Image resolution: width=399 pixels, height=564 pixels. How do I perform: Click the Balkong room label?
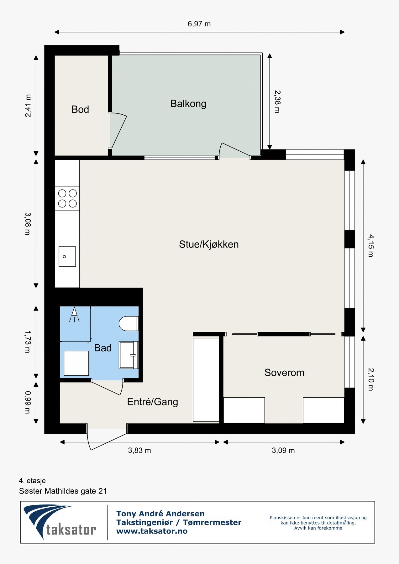click(188, 104)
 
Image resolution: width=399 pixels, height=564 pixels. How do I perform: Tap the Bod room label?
click(80, 109)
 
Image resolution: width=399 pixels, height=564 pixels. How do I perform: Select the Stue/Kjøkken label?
click(209, 244)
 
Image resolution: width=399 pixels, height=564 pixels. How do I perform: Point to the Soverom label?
click(284, 373)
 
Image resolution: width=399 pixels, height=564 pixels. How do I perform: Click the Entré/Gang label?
click(153, 402)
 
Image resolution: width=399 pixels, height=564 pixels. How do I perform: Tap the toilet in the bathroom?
click(129, 324)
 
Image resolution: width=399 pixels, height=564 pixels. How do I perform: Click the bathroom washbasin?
click(129, 355)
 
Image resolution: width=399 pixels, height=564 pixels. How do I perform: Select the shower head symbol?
click(74, 315)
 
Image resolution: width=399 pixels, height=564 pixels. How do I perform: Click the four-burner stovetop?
click(67, 198)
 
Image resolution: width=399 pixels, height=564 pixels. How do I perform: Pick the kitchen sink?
click(67, 257)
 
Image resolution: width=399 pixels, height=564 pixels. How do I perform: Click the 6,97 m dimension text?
click(199, 24)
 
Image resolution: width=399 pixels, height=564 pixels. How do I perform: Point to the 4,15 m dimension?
click(371, 246)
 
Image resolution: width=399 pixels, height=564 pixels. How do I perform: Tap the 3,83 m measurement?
click(139, 451)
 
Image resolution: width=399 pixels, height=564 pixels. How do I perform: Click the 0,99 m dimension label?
click(28, 402)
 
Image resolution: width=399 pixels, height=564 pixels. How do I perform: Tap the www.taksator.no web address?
click(152, 531)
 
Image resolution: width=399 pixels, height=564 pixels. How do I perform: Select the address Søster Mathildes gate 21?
click(63, 491)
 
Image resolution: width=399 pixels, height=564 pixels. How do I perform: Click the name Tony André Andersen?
click(160, 514)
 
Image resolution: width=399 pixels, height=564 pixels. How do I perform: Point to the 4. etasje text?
click(32, 481)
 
